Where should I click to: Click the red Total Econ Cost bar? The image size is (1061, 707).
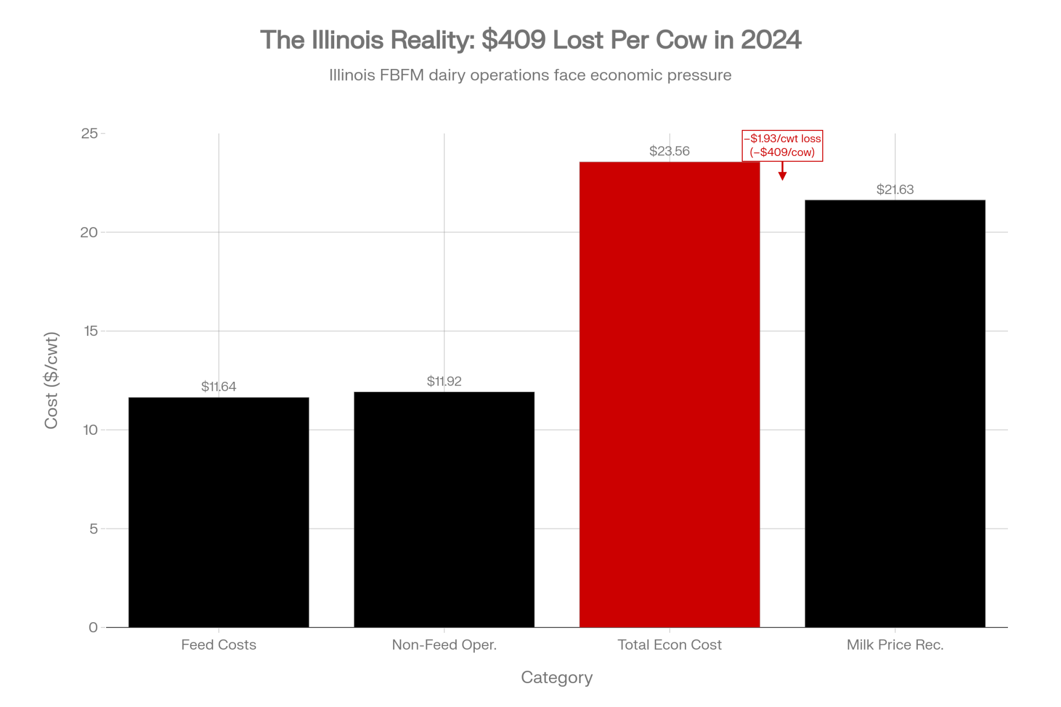pos(669,395)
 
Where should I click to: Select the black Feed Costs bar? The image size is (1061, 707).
pos(219,512)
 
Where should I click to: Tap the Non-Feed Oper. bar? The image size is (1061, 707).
pos(444,510)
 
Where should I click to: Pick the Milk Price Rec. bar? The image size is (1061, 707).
pos(895,414)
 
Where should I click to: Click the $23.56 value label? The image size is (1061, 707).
pos(669,151)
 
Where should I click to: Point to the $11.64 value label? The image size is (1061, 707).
pos(219,387)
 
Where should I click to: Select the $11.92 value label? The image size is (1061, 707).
pos(444,381)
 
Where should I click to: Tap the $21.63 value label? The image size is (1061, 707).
pos(895,189)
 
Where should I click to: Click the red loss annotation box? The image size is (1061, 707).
pos(782,145)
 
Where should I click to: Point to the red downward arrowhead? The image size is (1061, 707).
pos(782,176)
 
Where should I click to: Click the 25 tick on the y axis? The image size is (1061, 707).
pos(90,133)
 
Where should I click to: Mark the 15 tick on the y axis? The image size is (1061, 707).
pos(91,331)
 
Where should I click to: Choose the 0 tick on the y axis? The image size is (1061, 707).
pos(93,627)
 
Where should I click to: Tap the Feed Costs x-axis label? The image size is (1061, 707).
pos(219,645)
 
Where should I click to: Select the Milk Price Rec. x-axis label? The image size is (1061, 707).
pos(895,645)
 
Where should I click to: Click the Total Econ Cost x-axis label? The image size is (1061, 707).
pos(669,645)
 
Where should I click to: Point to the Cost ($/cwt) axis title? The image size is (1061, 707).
pos(51,380)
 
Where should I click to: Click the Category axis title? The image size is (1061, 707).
pos(556,677)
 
